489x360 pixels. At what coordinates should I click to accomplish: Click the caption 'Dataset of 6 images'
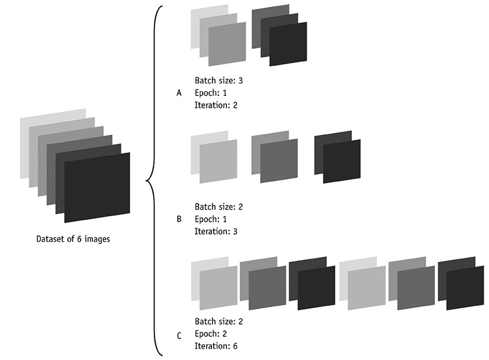(73, 239)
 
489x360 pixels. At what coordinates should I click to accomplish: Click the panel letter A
(178, 93)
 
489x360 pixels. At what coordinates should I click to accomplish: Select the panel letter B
(178, 219)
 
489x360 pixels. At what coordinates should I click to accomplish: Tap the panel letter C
(178, 336)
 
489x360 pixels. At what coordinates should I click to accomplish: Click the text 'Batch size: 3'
(218, 81)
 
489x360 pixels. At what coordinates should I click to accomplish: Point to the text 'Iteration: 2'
(216, 105)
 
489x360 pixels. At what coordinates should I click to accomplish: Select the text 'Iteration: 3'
(216, 231)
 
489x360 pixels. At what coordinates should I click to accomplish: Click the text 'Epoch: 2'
(211, 334)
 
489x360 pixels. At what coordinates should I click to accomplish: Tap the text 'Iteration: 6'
(216, 347)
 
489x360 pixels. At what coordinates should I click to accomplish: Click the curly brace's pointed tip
(146, 182)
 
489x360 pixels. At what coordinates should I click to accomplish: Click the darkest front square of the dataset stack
(97, 187)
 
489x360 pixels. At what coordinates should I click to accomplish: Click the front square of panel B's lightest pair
(218, 159)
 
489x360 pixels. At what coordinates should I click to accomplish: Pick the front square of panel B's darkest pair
(341, 161)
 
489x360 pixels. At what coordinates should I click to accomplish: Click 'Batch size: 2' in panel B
(218, 207)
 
